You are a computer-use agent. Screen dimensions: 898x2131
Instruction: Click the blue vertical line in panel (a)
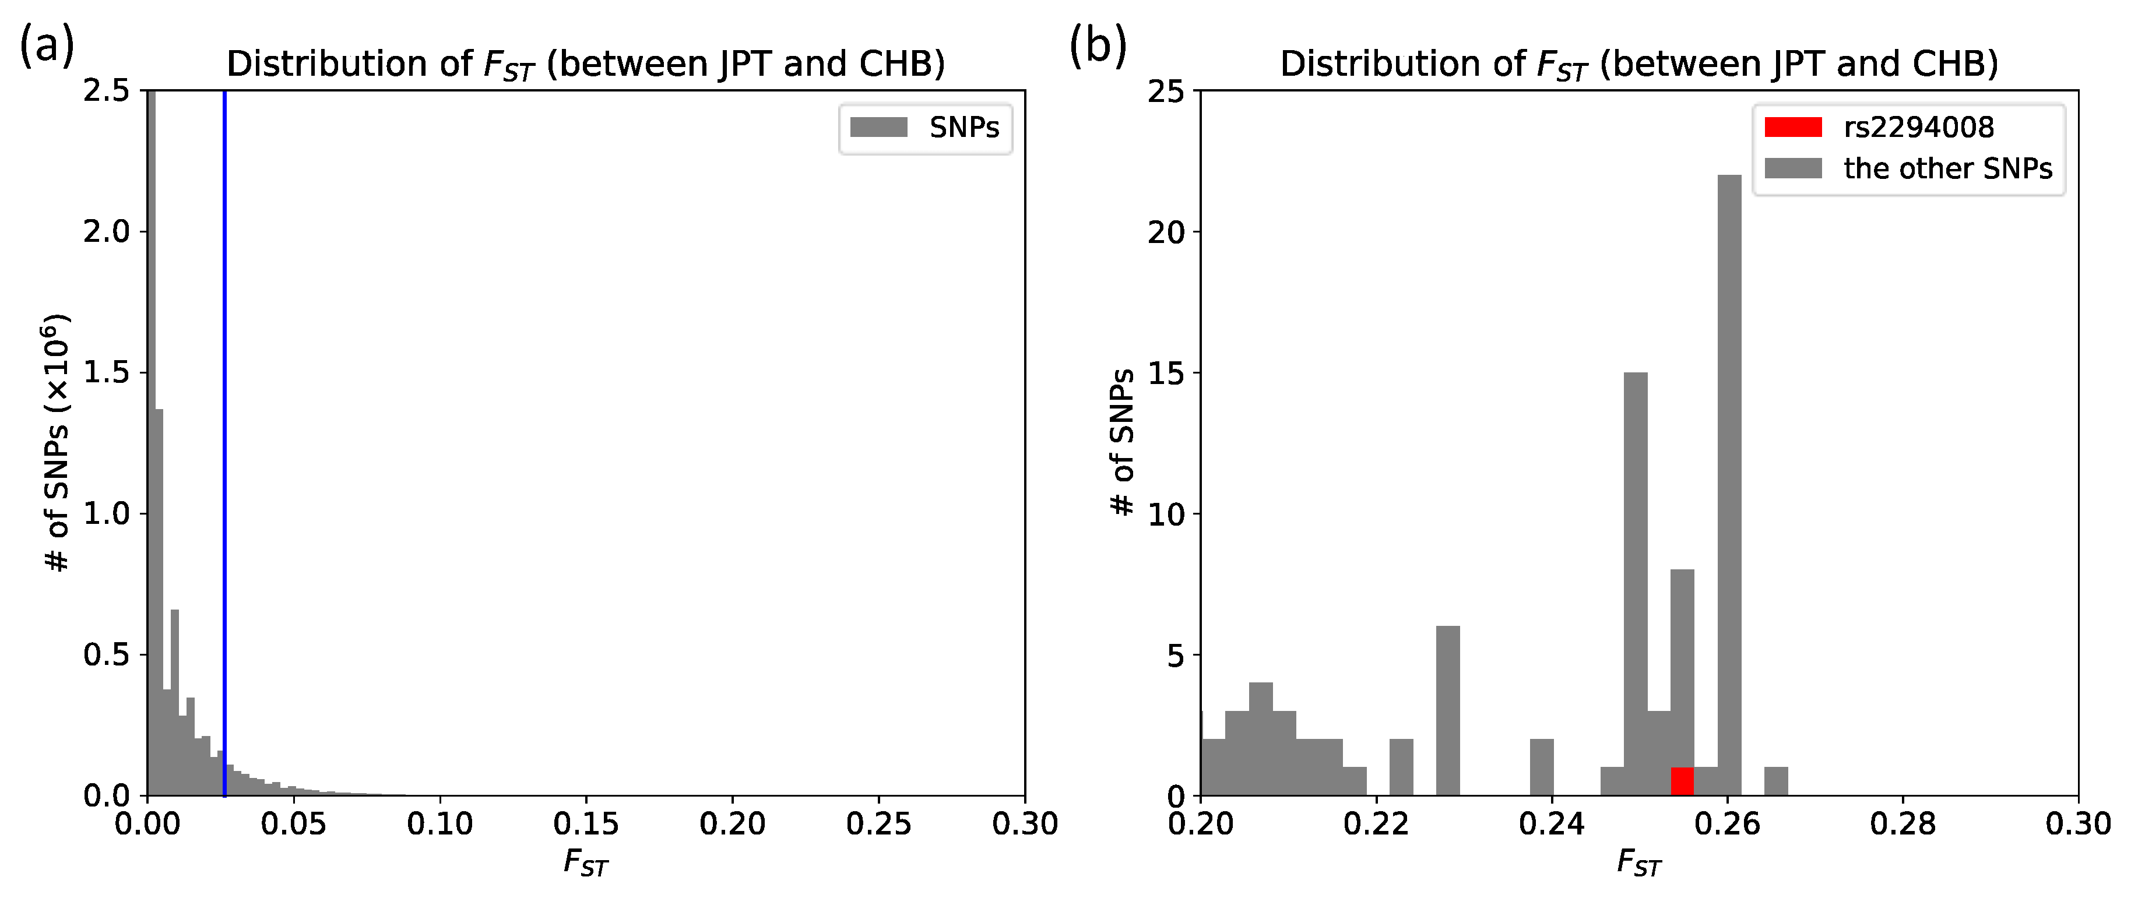(x=224, y=413)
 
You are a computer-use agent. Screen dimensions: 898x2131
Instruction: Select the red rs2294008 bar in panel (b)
(x=1682, y=781)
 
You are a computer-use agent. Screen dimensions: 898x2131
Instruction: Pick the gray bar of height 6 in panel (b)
(x=1448, y=711)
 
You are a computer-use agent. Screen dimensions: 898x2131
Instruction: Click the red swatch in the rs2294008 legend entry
(x=1793, y=126)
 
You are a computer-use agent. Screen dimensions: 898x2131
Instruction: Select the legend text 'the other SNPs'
(x=1947, y=168)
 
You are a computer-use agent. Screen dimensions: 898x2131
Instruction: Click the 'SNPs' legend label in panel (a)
(x=963, y=128)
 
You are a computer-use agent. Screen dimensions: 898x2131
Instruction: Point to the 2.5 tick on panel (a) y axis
(x=107, y=90)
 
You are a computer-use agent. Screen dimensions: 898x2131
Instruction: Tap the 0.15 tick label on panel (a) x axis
(x=586, y=825)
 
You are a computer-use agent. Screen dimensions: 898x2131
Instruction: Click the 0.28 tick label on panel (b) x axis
(x=1903, y=825)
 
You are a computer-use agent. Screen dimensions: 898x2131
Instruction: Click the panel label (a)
(x=47, y=46)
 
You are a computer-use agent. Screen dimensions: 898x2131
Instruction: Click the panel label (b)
(x=1098, y=46)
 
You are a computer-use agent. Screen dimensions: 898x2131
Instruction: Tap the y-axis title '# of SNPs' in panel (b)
(x=1123, y=442)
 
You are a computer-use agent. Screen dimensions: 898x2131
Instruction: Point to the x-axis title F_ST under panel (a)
(x=586, y=863)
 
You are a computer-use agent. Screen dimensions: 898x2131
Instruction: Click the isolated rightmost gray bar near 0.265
(x=1776, y=781)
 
